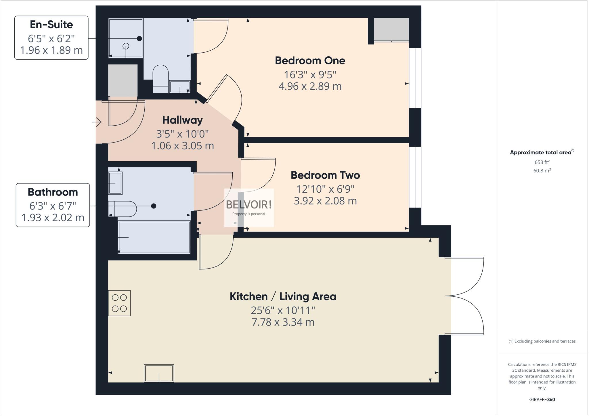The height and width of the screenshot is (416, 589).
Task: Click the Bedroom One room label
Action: coord(310,61)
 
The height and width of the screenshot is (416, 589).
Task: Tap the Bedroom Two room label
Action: coord(325,175)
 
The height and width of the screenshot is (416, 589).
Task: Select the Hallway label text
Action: coord(182,120)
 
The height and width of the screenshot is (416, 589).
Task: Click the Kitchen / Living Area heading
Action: coord(283,296)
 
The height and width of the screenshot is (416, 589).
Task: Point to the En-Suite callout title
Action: coord(51,25)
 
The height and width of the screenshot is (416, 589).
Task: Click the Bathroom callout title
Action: coord(53,192)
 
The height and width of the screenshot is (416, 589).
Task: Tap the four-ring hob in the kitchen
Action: coord(119,303)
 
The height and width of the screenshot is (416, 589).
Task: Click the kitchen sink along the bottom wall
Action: coord(159,373)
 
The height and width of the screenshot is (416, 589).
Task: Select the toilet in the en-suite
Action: coord(160,78)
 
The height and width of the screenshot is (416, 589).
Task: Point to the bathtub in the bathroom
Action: coord(154,237)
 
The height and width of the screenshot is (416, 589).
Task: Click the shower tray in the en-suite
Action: coord(126,38)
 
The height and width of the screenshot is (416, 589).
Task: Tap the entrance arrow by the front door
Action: coord(97,122)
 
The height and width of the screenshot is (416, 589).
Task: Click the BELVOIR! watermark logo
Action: coord(249,205)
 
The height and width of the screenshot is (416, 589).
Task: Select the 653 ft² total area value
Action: coord(542,162)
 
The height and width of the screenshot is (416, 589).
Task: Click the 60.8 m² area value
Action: coord(542,170)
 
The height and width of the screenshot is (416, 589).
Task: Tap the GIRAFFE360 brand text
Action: coord(542,399)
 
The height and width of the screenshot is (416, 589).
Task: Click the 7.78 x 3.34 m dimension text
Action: coord(283,322)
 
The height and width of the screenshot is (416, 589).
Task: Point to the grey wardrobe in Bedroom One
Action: coord(391,29)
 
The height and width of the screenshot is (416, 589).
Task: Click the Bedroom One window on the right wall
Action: coord(415,78)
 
